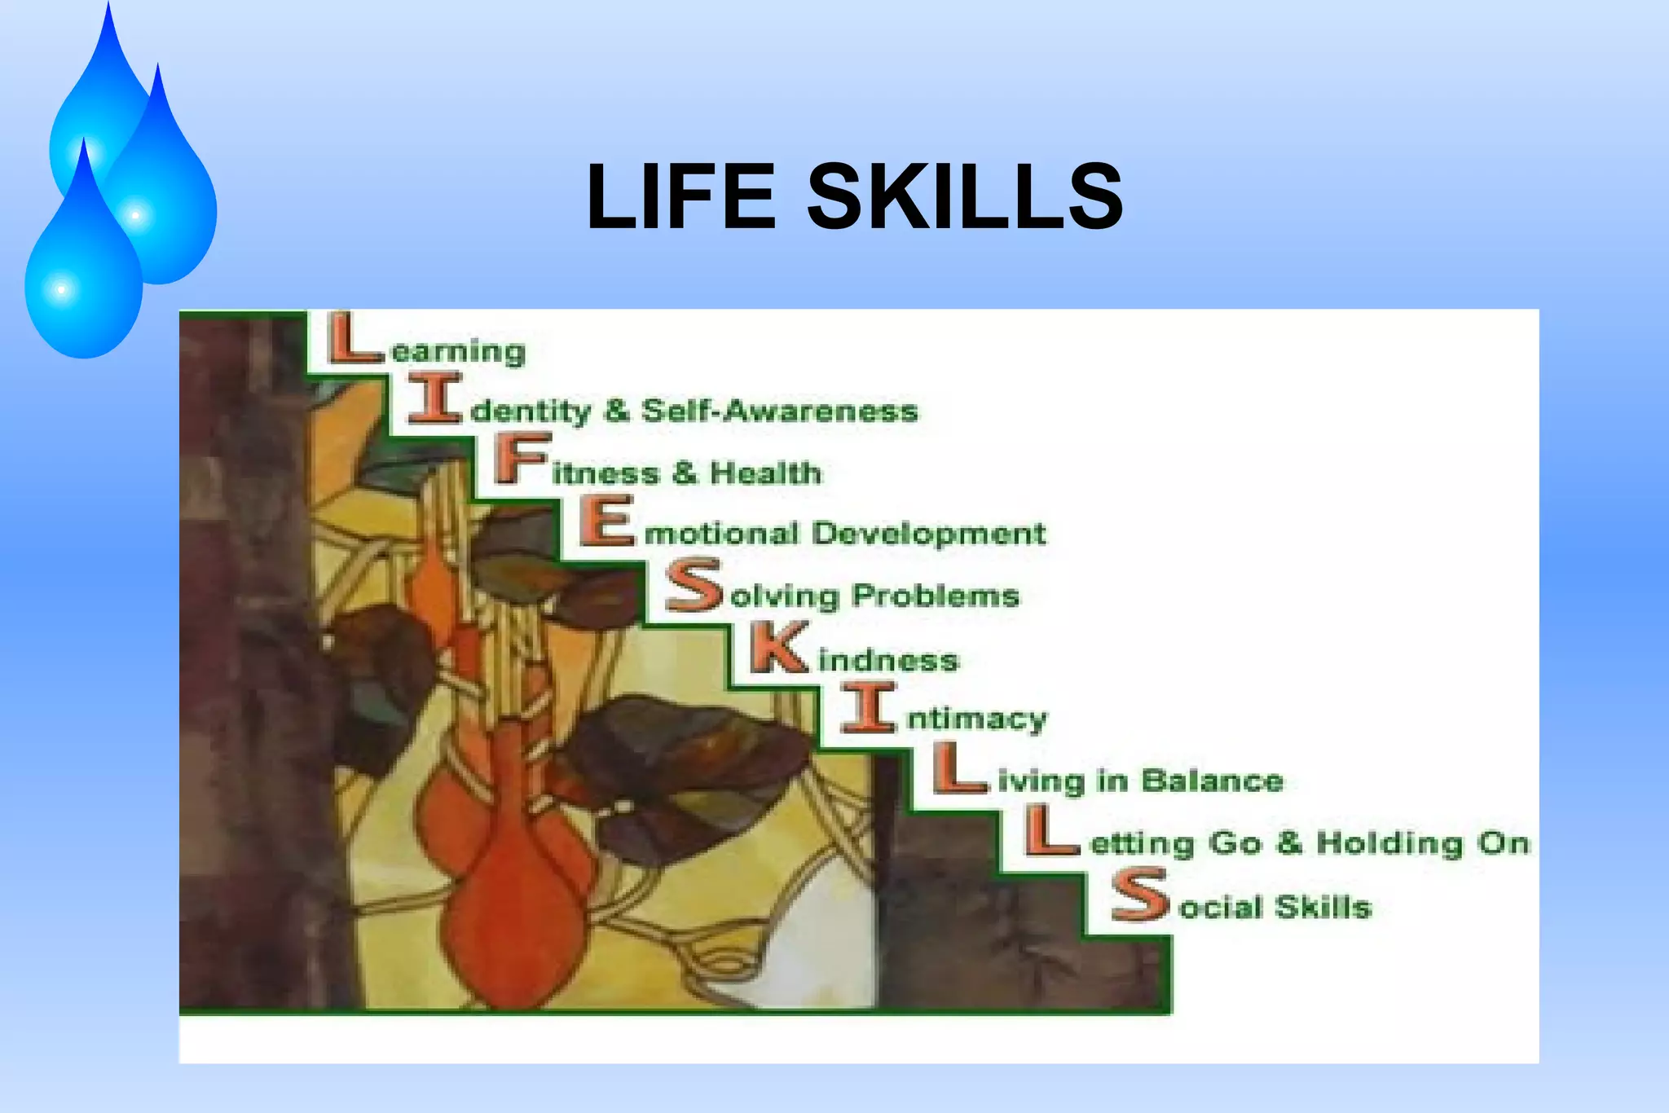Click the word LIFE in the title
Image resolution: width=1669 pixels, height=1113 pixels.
(680, 196)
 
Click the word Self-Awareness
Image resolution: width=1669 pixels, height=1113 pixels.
(779, 411)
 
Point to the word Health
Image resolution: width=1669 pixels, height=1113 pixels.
(765, 473)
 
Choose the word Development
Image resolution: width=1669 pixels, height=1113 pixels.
(929, 534)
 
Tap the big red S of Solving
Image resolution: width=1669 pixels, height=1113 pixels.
(694, 584)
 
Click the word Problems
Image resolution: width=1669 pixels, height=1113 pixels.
(936, 596)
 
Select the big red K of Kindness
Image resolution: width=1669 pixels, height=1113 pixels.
(780, 647)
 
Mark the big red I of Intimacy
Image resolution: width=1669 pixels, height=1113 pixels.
(869, 707)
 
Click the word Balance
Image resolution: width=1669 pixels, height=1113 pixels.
(1212, 781)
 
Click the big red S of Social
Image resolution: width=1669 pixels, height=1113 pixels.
(1140, 894)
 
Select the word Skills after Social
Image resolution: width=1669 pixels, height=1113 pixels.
(1323, 907)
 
